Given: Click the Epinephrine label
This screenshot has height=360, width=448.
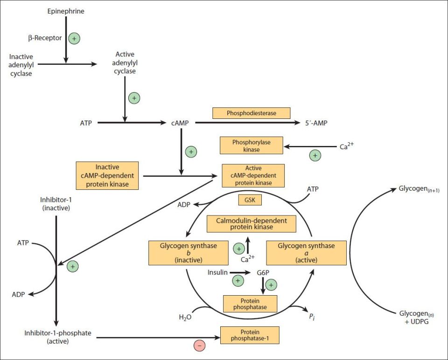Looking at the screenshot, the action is click(66, 11).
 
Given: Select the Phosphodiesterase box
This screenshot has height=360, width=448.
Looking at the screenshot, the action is click(252, 113).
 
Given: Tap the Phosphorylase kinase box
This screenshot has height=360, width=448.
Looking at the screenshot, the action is click(252, 145).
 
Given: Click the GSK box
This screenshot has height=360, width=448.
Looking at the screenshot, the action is click(250, 200).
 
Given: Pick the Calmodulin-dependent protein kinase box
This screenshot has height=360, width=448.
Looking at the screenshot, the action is click(252, 224).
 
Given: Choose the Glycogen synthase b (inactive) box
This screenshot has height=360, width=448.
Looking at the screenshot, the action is click(189, 253).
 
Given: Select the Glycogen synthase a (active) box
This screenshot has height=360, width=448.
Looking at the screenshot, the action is click(306, 253).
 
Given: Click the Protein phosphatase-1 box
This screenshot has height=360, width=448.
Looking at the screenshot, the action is click(250, 335).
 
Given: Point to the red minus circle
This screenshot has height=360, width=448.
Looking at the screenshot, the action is click(200, 346).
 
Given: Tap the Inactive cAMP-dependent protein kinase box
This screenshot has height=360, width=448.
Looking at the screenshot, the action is click(107, 176).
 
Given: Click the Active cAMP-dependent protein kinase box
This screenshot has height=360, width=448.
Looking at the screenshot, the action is click(253, 176).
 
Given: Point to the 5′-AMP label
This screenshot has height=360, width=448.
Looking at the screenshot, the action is click(316, 123).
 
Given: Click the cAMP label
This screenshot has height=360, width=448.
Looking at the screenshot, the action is click(180, 123).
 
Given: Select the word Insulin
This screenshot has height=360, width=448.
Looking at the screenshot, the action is click(217, 272).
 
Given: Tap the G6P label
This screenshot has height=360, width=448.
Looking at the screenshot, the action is click(263, 273).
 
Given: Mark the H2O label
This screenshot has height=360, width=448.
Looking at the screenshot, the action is click(185, 317).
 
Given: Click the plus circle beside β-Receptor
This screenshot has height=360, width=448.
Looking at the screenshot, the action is click(74, 38).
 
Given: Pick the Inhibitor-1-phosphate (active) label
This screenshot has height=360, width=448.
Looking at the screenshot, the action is click(58, 337).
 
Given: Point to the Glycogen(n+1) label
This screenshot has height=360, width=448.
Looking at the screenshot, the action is click(419, 189).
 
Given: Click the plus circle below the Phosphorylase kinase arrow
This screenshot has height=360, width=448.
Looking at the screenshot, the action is click(315, 156).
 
